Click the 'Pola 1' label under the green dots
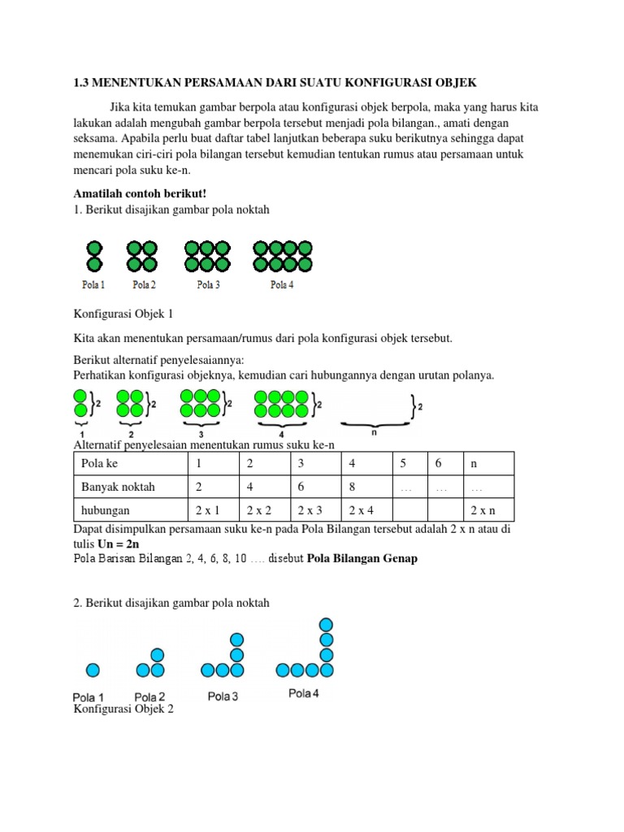coord(93,285)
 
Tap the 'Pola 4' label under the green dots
coord(282,285)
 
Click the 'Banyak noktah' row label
coord(118,487)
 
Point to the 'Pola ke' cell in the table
coord(98,464)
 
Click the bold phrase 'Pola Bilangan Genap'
coord(362,560)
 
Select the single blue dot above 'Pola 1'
coord(93,669)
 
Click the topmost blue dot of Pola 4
coord(326,624)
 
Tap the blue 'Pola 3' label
coord(223,696)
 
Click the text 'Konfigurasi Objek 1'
coord(123,314)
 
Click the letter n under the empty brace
coord(374,434)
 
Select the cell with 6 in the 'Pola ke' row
coord(438,464)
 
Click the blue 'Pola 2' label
coord(149,697)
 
